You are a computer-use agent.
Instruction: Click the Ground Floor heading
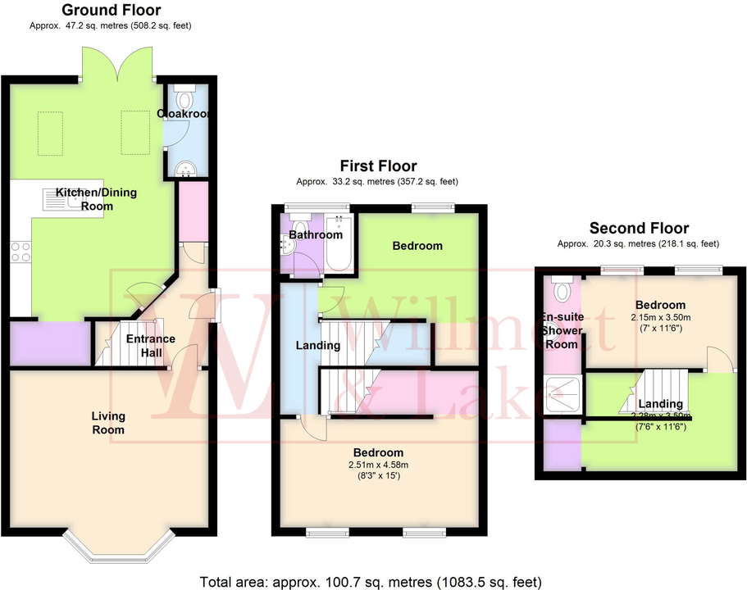[112, 11]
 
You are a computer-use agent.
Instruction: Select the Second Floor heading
[638, 229]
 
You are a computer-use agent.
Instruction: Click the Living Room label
[108, 423]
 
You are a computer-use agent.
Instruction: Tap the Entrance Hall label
[149, 346]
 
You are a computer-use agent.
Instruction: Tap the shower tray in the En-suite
[563, 397]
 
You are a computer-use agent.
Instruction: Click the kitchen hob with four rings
[20, 251]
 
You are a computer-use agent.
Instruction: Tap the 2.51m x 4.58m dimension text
[379, 465]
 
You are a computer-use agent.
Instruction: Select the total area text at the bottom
[371, 582]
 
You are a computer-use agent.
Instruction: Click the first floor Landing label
[318, 345]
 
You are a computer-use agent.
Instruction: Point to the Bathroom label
[316, 235]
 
